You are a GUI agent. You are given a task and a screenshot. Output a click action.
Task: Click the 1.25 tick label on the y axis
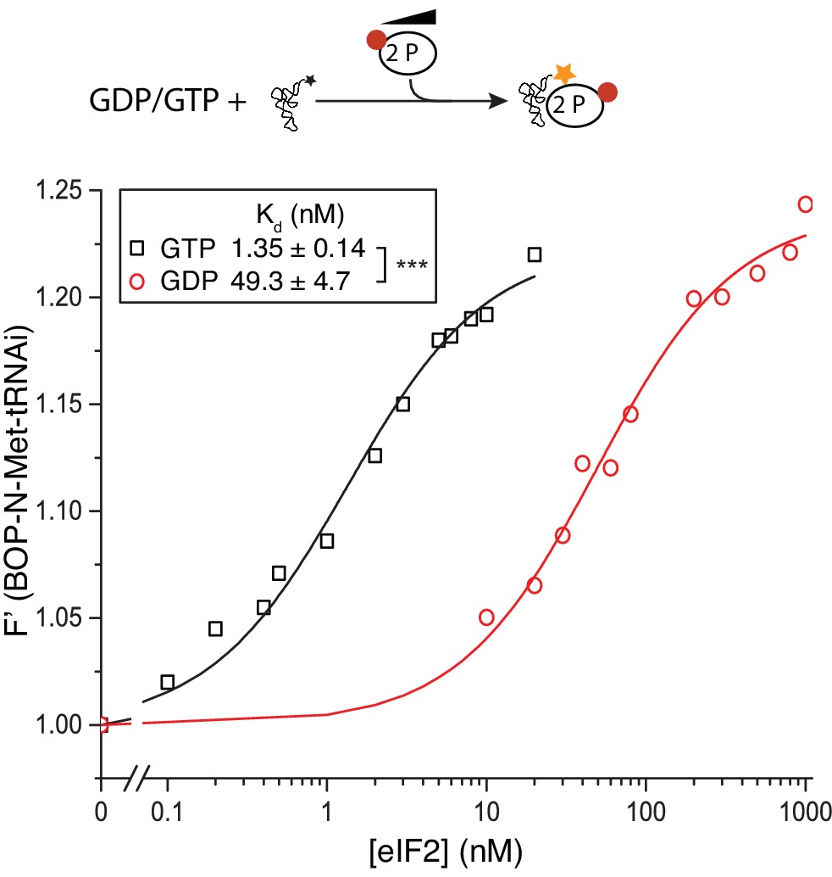point(61,191)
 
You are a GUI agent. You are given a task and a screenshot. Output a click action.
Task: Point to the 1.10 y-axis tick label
point(61,511)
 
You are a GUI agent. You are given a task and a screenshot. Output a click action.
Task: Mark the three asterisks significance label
point(409,264)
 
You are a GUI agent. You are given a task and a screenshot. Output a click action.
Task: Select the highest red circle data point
point(806,204)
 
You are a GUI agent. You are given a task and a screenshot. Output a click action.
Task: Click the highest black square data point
point(535,254)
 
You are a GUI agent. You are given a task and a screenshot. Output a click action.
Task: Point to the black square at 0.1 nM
point(167,682)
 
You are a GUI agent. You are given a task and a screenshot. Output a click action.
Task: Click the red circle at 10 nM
point(486,617)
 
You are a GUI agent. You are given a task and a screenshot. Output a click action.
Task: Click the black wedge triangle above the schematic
point(409,17)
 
